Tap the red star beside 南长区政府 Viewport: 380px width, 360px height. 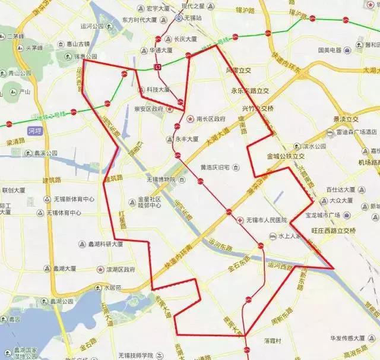[x=190, y=119]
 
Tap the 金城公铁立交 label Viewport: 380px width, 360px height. [x=286, y=156]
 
